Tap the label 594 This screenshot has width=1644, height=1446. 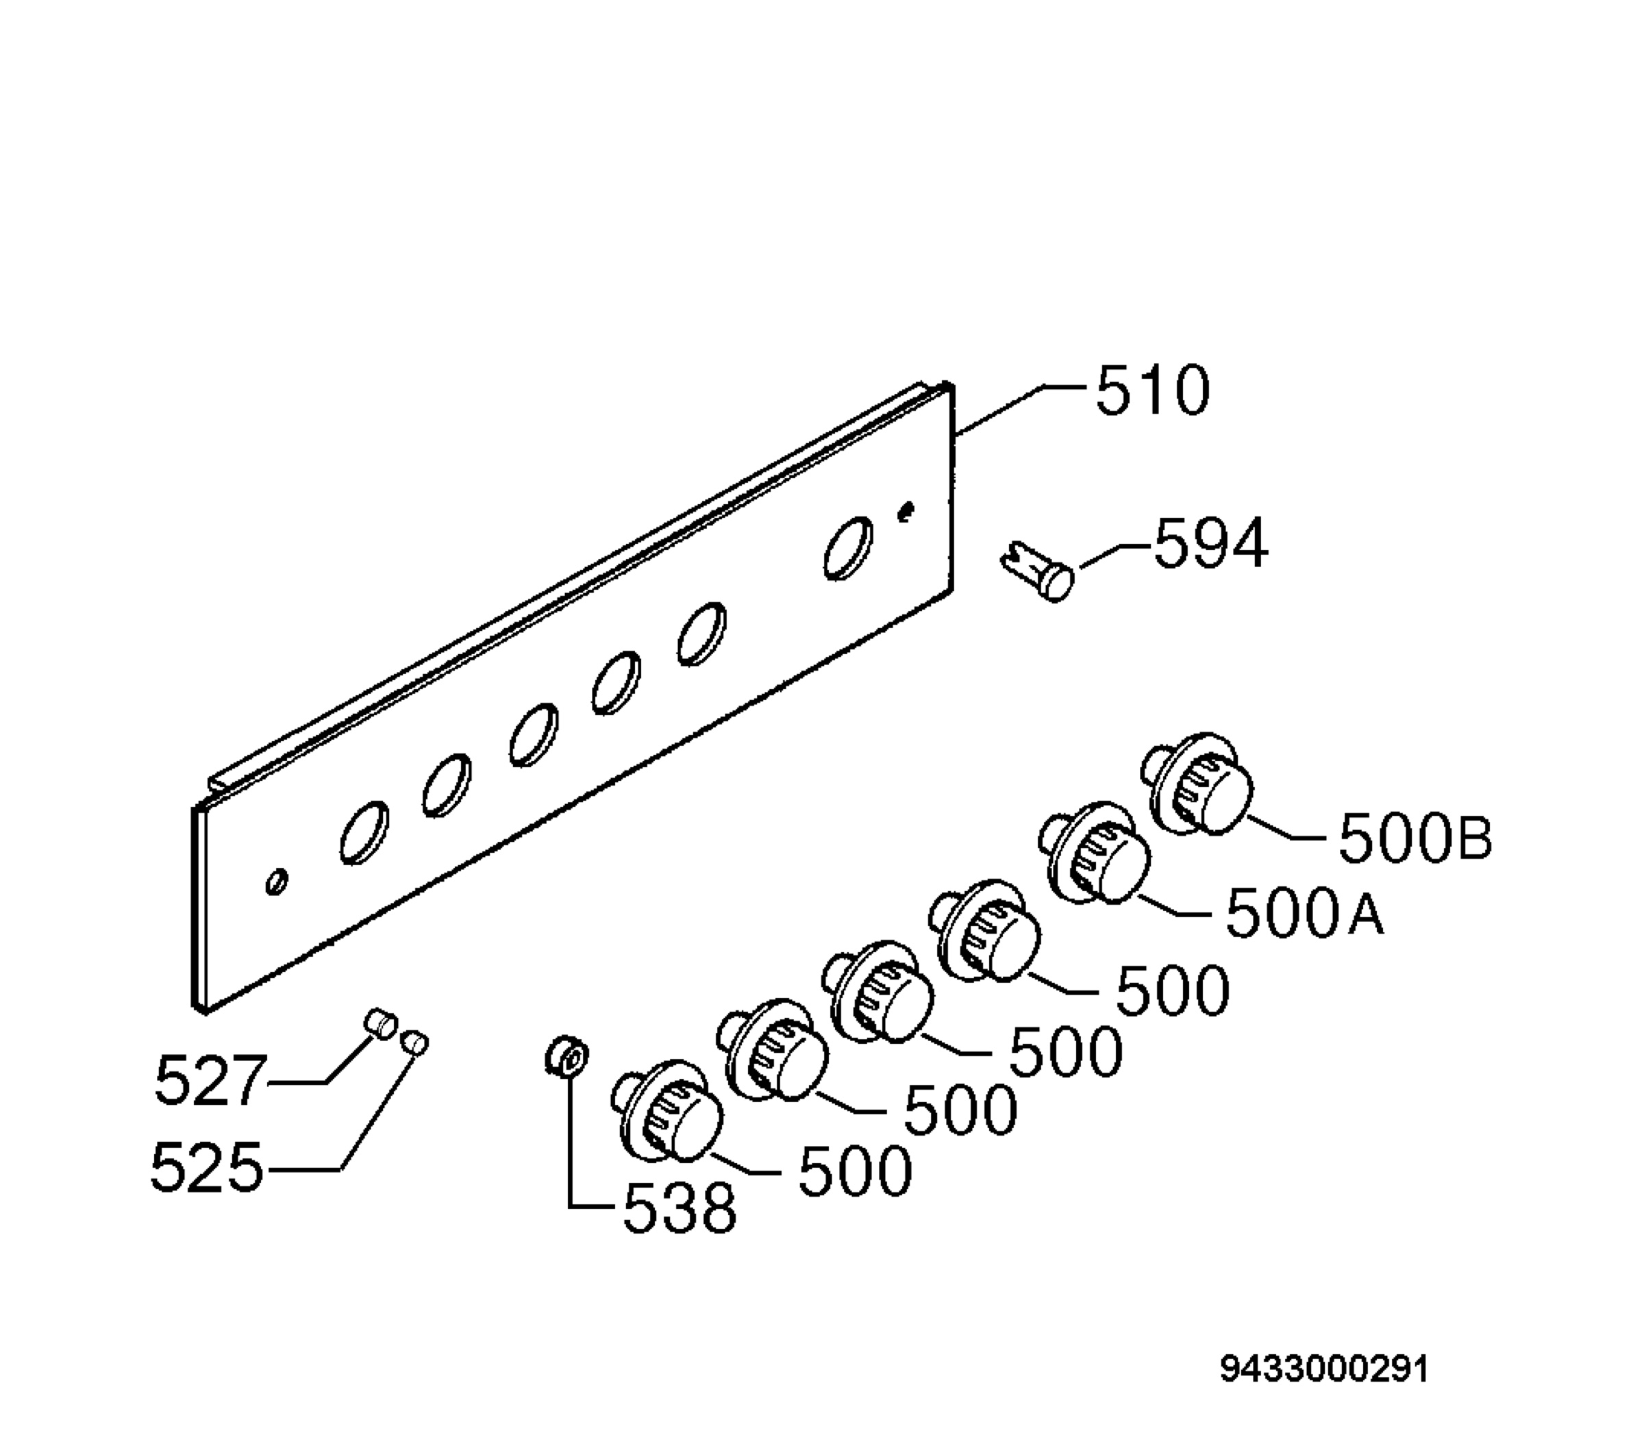pyautogui.click(x=1211, y=543)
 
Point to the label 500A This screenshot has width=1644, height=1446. pyautogui.click(x=1305, y=913)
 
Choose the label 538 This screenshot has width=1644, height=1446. pyautogui.click(x=680, y=1208)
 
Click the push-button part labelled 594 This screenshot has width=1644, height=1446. pyautogui.click(x=1038, y=569)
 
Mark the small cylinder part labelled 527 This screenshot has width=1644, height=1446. pyautogui.click(x=379, y=1024)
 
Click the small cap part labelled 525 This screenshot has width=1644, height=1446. pyautogui.click(x=415, y=1043)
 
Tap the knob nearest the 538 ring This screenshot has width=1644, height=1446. pyautogui.click(x=667, y=1112)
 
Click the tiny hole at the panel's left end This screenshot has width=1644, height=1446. pyautogui.click(x=276, y=881)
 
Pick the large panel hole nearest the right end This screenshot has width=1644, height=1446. pyautogui.click(x=849, y=548)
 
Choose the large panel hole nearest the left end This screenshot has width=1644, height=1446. pyautogui.click(x=364, y=832)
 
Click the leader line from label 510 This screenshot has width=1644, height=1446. pyautogui.click(x=1021, y=410)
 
